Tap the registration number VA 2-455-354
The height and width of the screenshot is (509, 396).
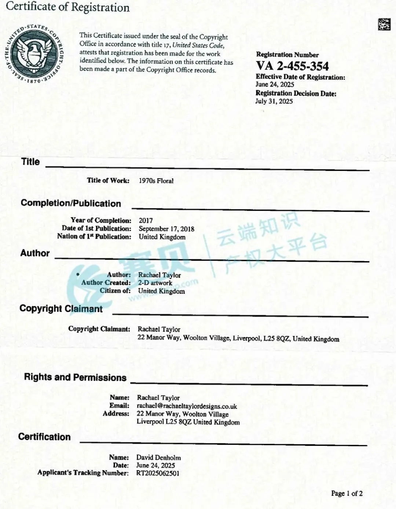(x=292, y=66)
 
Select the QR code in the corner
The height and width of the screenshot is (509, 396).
(x=384, y=24)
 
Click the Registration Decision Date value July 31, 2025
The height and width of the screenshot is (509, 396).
(x=274, y=101)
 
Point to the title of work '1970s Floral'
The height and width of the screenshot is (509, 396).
(x=156, y=181)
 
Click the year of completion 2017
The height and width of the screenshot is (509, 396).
(x=146, y=220)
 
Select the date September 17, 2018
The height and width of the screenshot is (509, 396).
(x=166, y=229)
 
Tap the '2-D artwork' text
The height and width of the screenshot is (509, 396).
(x=155, y=283)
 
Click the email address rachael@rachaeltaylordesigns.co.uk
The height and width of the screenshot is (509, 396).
(x=187, y=406)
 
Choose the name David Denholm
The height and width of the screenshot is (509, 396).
(x=158, y=457)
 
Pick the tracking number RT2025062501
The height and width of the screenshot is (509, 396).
(x=158, y=473)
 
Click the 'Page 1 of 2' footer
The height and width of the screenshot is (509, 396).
(x=346, y=493)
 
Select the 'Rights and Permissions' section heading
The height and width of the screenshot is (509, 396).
(x=75, y=377)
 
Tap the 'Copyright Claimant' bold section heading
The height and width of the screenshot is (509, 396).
(x=61, y=308)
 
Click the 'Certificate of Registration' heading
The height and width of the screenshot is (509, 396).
(x=68, y=7)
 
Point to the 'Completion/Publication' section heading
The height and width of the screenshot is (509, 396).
(x=71, y=204)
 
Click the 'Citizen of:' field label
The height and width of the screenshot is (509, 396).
(x=115, y=291)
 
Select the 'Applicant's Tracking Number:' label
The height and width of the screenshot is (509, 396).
(x=83, y=473)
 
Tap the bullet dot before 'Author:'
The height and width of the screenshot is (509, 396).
(x=78, y=274)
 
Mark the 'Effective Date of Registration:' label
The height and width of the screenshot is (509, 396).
(x=300, y=77)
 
